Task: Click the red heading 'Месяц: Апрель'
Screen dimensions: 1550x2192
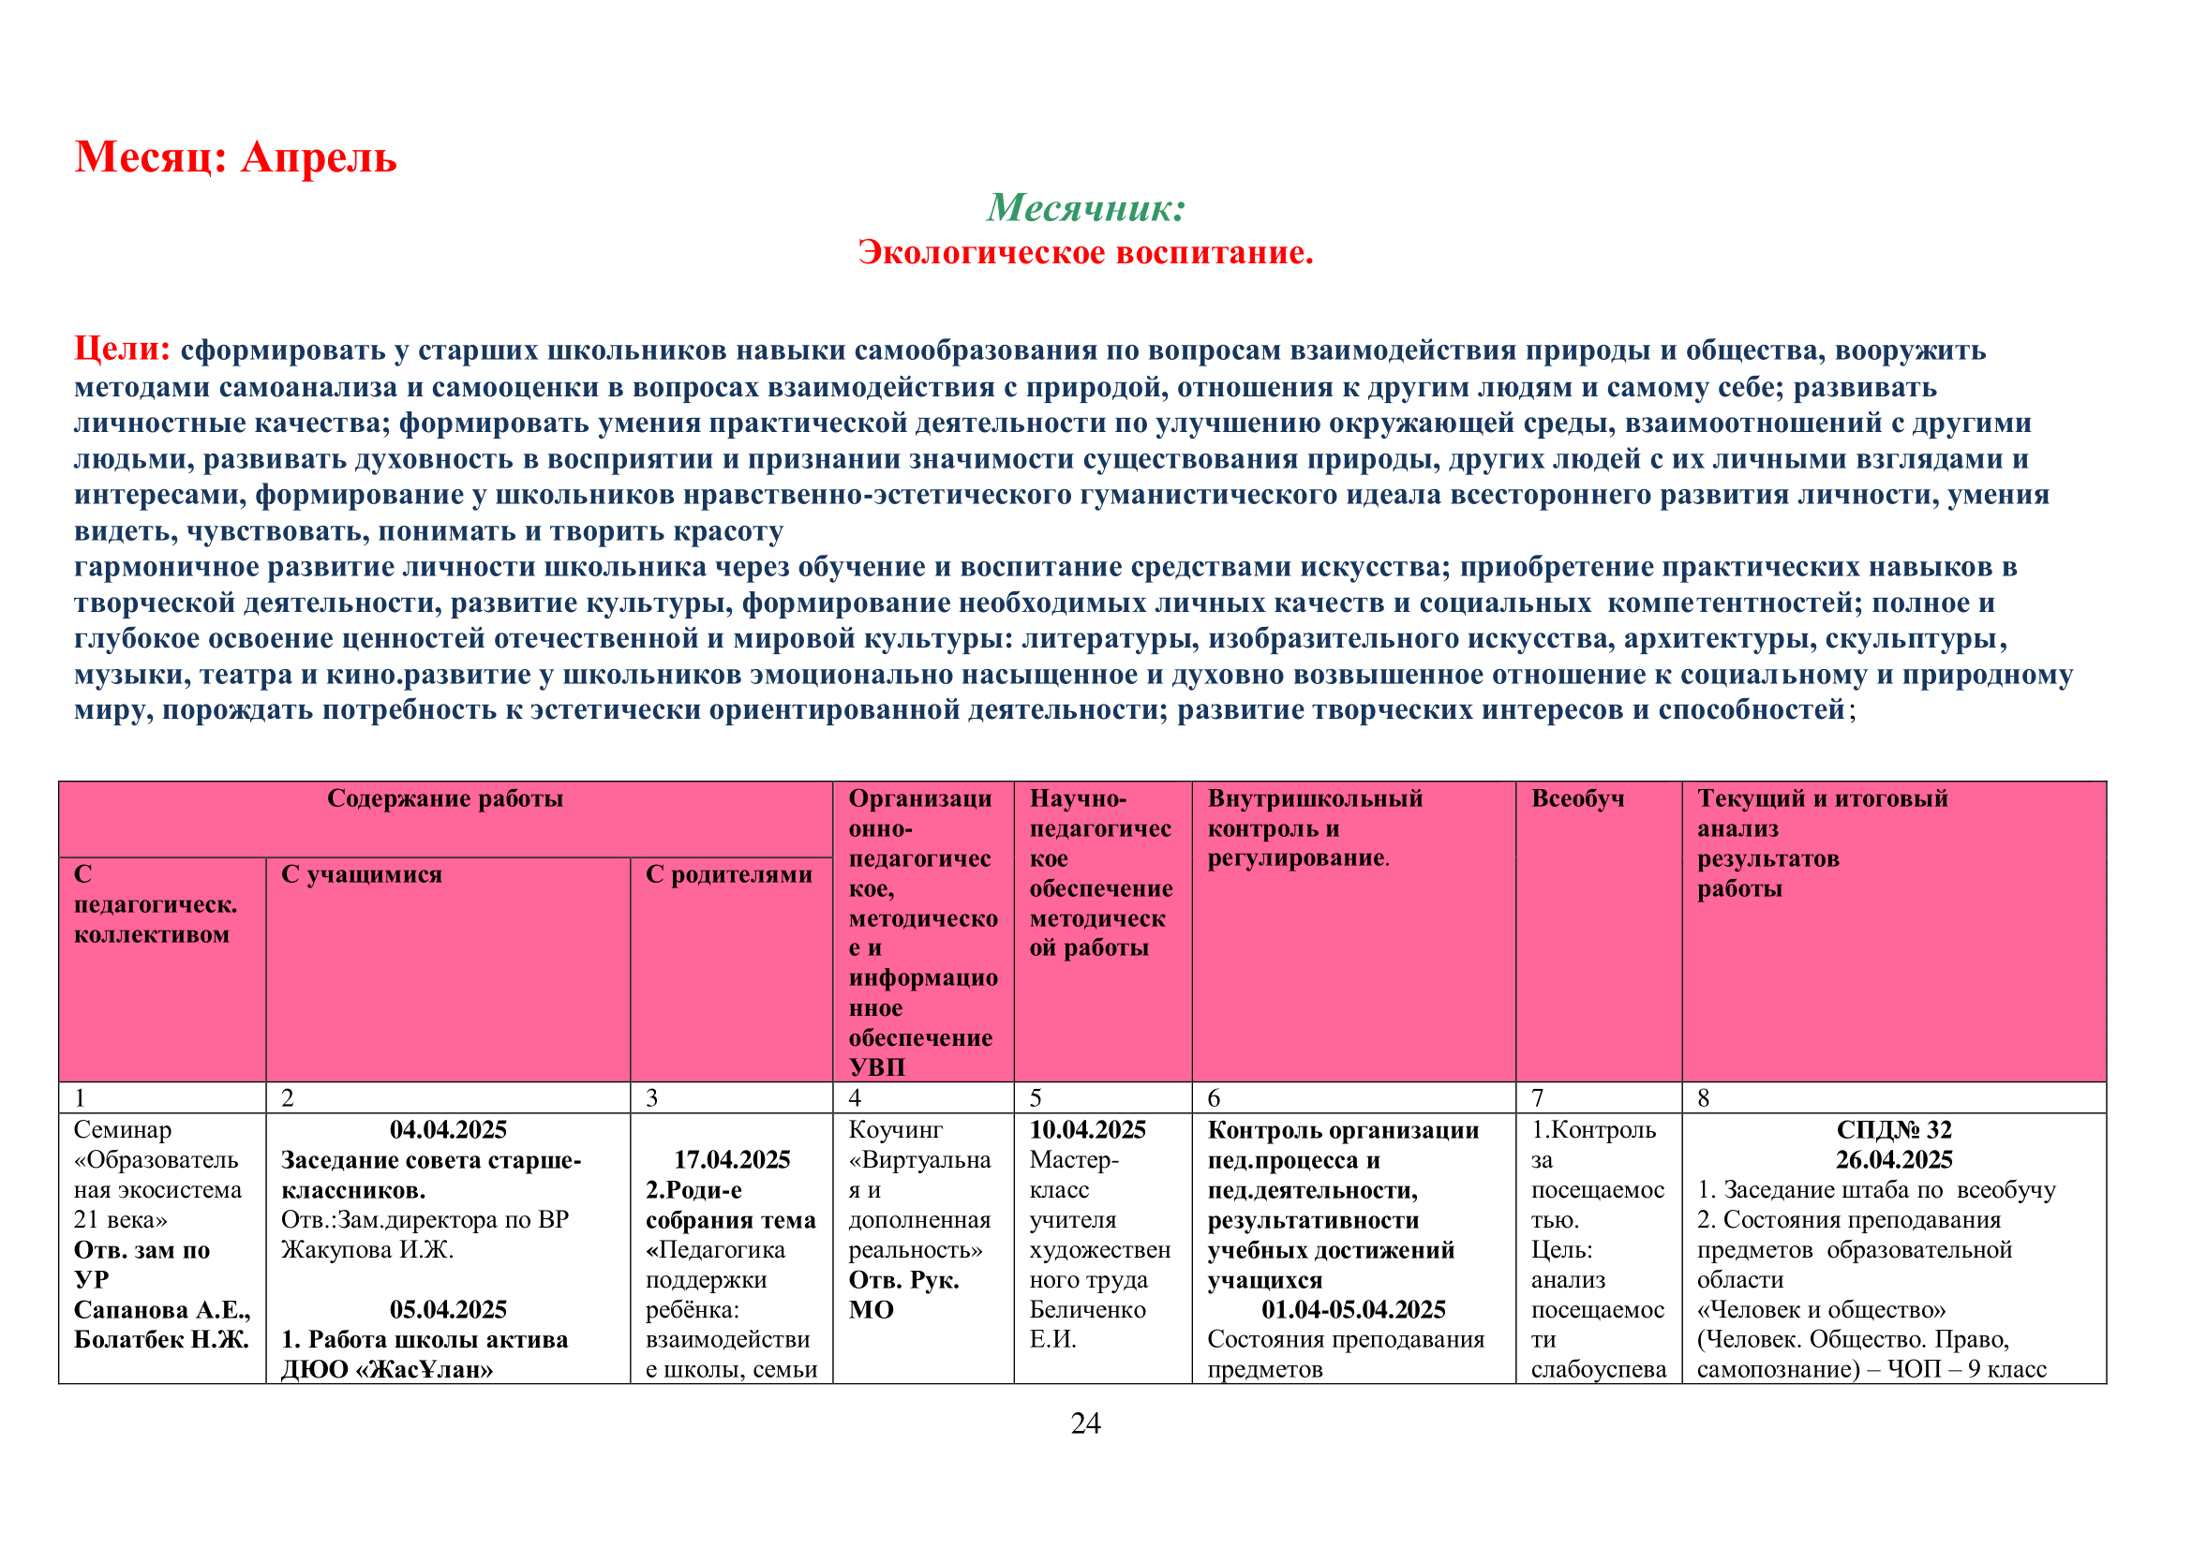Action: click(235, 157)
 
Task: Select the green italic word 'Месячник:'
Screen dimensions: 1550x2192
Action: click(1085, 207)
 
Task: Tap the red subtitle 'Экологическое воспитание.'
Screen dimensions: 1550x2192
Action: click(1085, 252)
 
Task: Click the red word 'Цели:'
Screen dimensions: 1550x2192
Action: click(122, 350)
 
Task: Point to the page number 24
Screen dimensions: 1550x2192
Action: click(1085, 1423)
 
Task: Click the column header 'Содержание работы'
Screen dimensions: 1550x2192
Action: click(445, 798)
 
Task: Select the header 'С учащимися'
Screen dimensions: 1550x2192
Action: click(361, 874)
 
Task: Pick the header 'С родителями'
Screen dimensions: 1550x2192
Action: click(728, 874)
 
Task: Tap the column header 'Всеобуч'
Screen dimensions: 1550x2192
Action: click(1577, 798)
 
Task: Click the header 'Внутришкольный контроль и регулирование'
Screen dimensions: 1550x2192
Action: click(1315, 827)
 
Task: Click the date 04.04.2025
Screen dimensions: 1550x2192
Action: click(448, 1130)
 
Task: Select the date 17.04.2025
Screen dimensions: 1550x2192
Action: click(731, 1159)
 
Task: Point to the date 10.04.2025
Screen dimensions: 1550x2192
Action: click(1086, 1130)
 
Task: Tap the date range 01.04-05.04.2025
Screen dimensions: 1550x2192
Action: click(1353, 1309)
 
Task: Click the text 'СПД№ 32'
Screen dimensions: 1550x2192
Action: click(1893, 1130)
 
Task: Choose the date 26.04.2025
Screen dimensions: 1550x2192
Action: click(1893, 1159)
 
